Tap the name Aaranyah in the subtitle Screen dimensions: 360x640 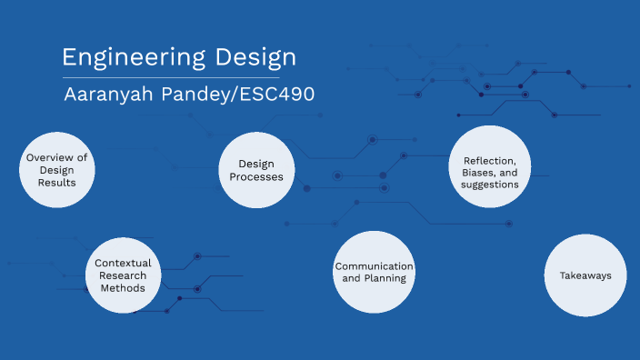click(x=101, y=95)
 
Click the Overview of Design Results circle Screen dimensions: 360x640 click(x=57, y=170)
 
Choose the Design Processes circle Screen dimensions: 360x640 click(x=256, y=170)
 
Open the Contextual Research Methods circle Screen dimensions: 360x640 click(x=123, y=275)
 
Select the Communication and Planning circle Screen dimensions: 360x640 click(x=374, y=272)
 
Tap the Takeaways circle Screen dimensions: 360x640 click(x=585, y=275)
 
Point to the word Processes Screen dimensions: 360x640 click(x=256, y=176)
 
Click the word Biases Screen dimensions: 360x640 click(x=476, y=171)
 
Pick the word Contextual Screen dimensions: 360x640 click(x=123, y=263)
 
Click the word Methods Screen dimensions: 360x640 click(x=123, y=288)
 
